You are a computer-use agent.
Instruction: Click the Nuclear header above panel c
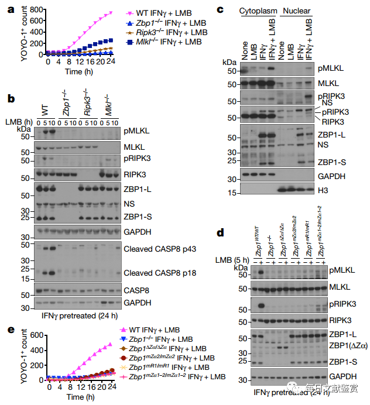tap(296, 10)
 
